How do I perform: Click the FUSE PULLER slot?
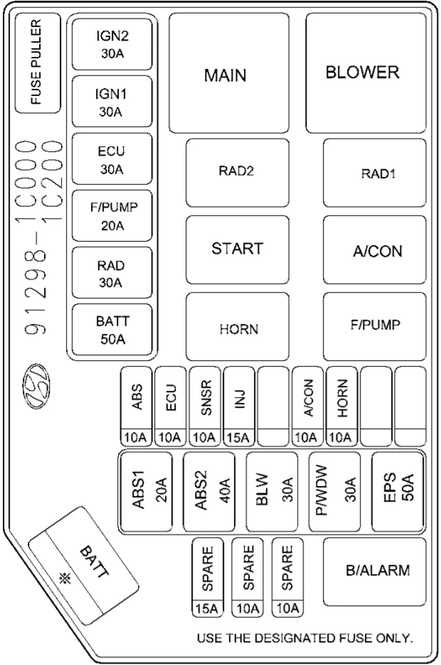[38, 63]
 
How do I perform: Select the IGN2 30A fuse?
[112, 45]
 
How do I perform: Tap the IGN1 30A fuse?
[112, 102]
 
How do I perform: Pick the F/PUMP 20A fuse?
[112, 216]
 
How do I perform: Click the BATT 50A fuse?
[112, 330]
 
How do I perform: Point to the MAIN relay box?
[229, 73]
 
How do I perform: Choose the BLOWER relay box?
[366, 73]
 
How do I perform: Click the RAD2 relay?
[238, 173]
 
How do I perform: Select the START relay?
[238, 250]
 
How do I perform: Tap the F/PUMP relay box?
[375, 327]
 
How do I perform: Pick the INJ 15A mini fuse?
[239, 406]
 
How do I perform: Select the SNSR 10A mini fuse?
[205, 406]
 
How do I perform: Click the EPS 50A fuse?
[398, 492]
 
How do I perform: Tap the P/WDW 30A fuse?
[335, 492]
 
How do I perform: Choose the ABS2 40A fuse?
[209, 492]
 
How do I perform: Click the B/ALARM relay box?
[375, 572]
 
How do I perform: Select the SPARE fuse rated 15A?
[207, 578]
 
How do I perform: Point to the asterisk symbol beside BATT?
[65, 578]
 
